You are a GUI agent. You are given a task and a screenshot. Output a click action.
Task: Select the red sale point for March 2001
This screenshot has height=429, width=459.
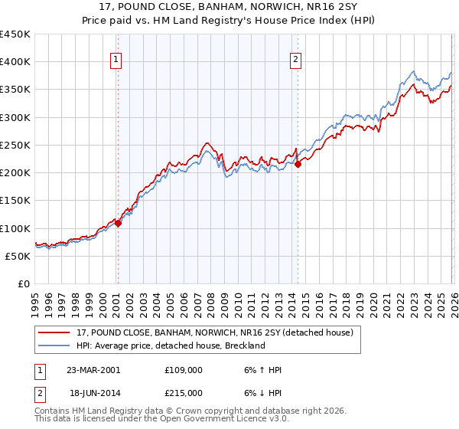coord(119,223)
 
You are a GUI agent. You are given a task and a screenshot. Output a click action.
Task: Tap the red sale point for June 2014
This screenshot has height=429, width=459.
coord(298,163)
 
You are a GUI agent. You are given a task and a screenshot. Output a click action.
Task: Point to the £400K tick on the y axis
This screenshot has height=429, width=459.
coord(15,62)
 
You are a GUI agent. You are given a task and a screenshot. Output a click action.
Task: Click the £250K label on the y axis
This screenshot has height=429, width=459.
coord(15,145)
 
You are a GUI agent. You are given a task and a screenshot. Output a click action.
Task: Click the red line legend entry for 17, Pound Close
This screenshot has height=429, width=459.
coord(214,333)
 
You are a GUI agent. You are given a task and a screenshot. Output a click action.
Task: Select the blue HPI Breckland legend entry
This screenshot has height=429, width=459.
coord(170,346)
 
